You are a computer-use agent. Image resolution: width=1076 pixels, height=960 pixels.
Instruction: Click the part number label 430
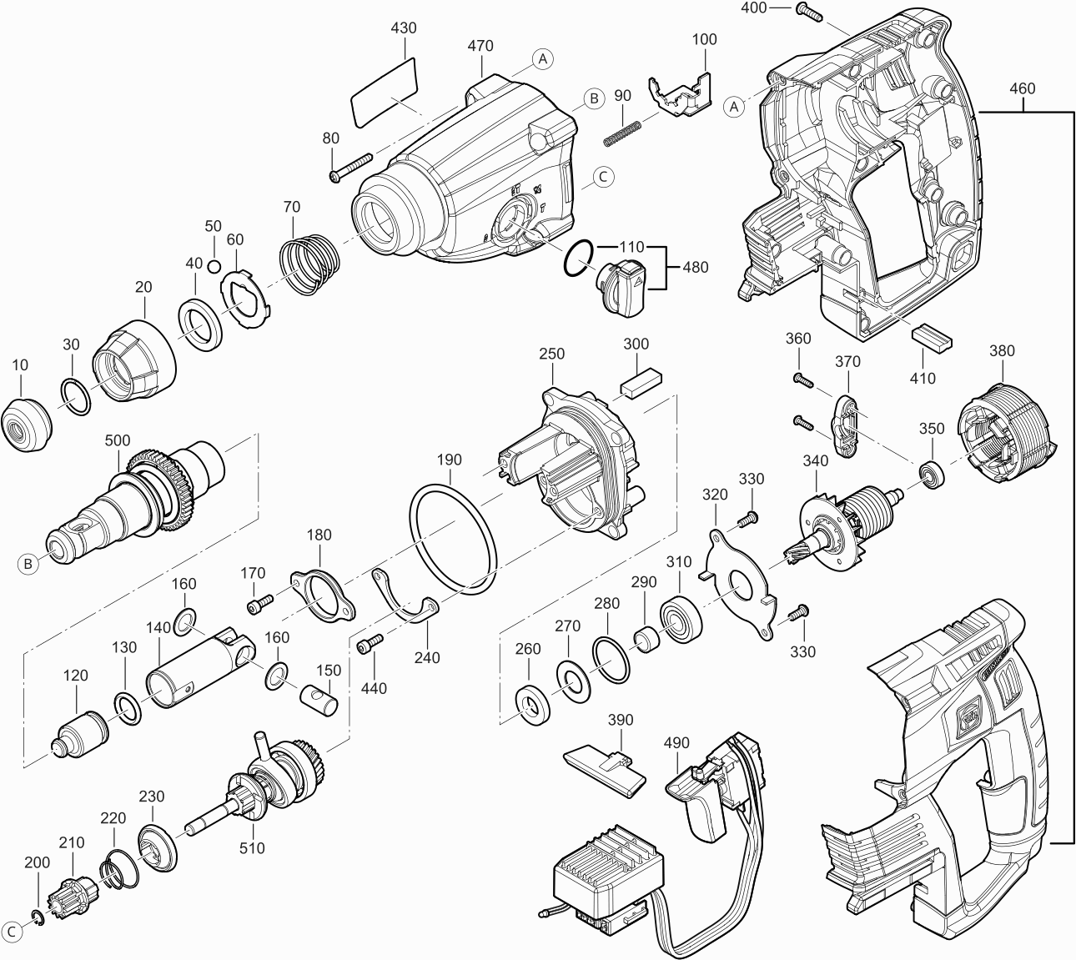tap(404, 28)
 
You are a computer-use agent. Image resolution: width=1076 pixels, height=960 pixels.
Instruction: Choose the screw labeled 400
tap(810, 13)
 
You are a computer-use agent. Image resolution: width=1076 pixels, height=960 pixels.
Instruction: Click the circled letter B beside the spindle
tap(28, 563)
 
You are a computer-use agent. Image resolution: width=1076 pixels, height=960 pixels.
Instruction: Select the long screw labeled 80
tap(350, 168)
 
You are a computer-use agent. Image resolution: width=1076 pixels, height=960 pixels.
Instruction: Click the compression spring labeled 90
tap(622, 133)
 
